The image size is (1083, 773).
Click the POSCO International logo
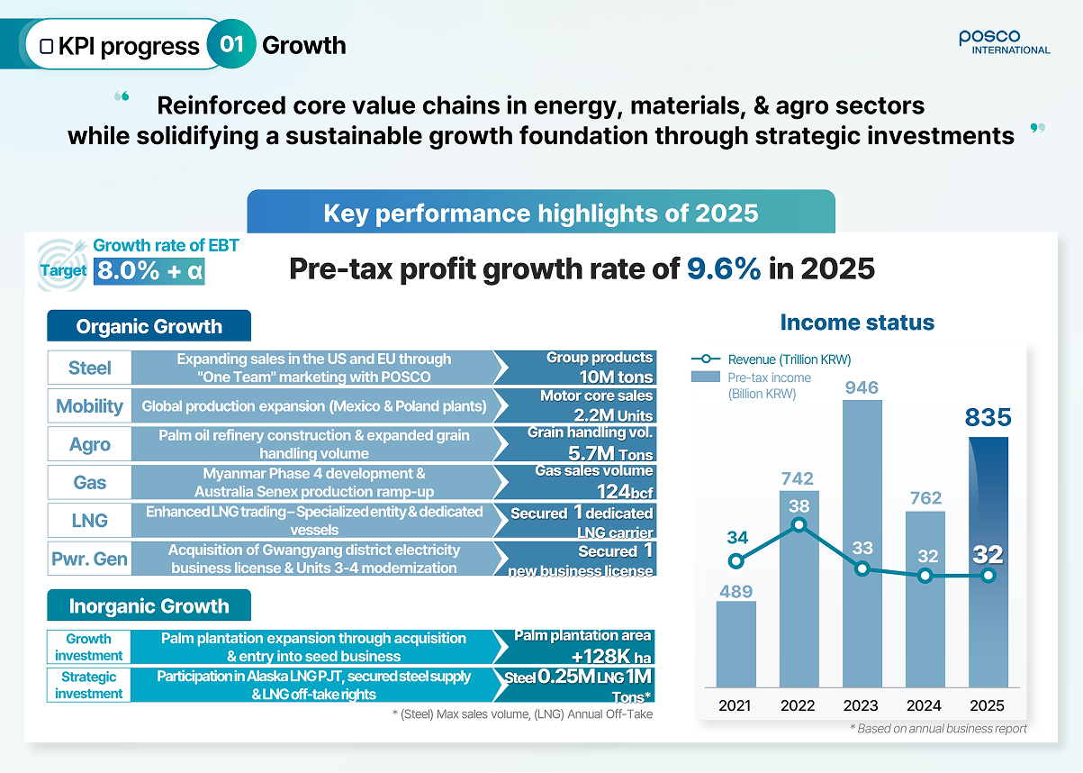pos(1004,42)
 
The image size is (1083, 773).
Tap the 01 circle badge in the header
pos(231,44)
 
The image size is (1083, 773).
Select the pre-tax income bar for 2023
pos(862,543)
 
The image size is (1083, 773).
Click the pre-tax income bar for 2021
pos(736,644)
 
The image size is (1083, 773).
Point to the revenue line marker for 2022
pos(799,524)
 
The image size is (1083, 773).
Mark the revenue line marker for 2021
pos(736,561)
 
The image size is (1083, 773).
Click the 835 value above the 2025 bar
pos(988,417)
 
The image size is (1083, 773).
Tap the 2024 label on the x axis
pos(924,705)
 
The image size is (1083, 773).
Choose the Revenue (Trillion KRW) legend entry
pos(772,359)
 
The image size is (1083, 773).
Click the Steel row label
pos(89,368)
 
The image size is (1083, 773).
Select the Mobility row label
pos(89,405)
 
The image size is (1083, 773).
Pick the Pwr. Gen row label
pos(89,559)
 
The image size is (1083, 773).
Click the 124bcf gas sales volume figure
pos(625,492)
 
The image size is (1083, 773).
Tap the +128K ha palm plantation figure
pos(611,657)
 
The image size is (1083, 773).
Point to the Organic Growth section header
pos(149,326)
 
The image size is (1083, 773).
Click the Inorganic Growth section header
pos(149,605)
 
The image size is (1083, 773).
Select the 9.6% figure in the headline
pos(724,268)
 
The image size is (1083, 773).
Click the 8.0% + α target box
pos(149,271)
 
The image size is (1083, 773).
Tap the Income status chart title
pos(857,323)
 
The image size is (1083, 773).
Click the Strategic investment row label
pos(88,685)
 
